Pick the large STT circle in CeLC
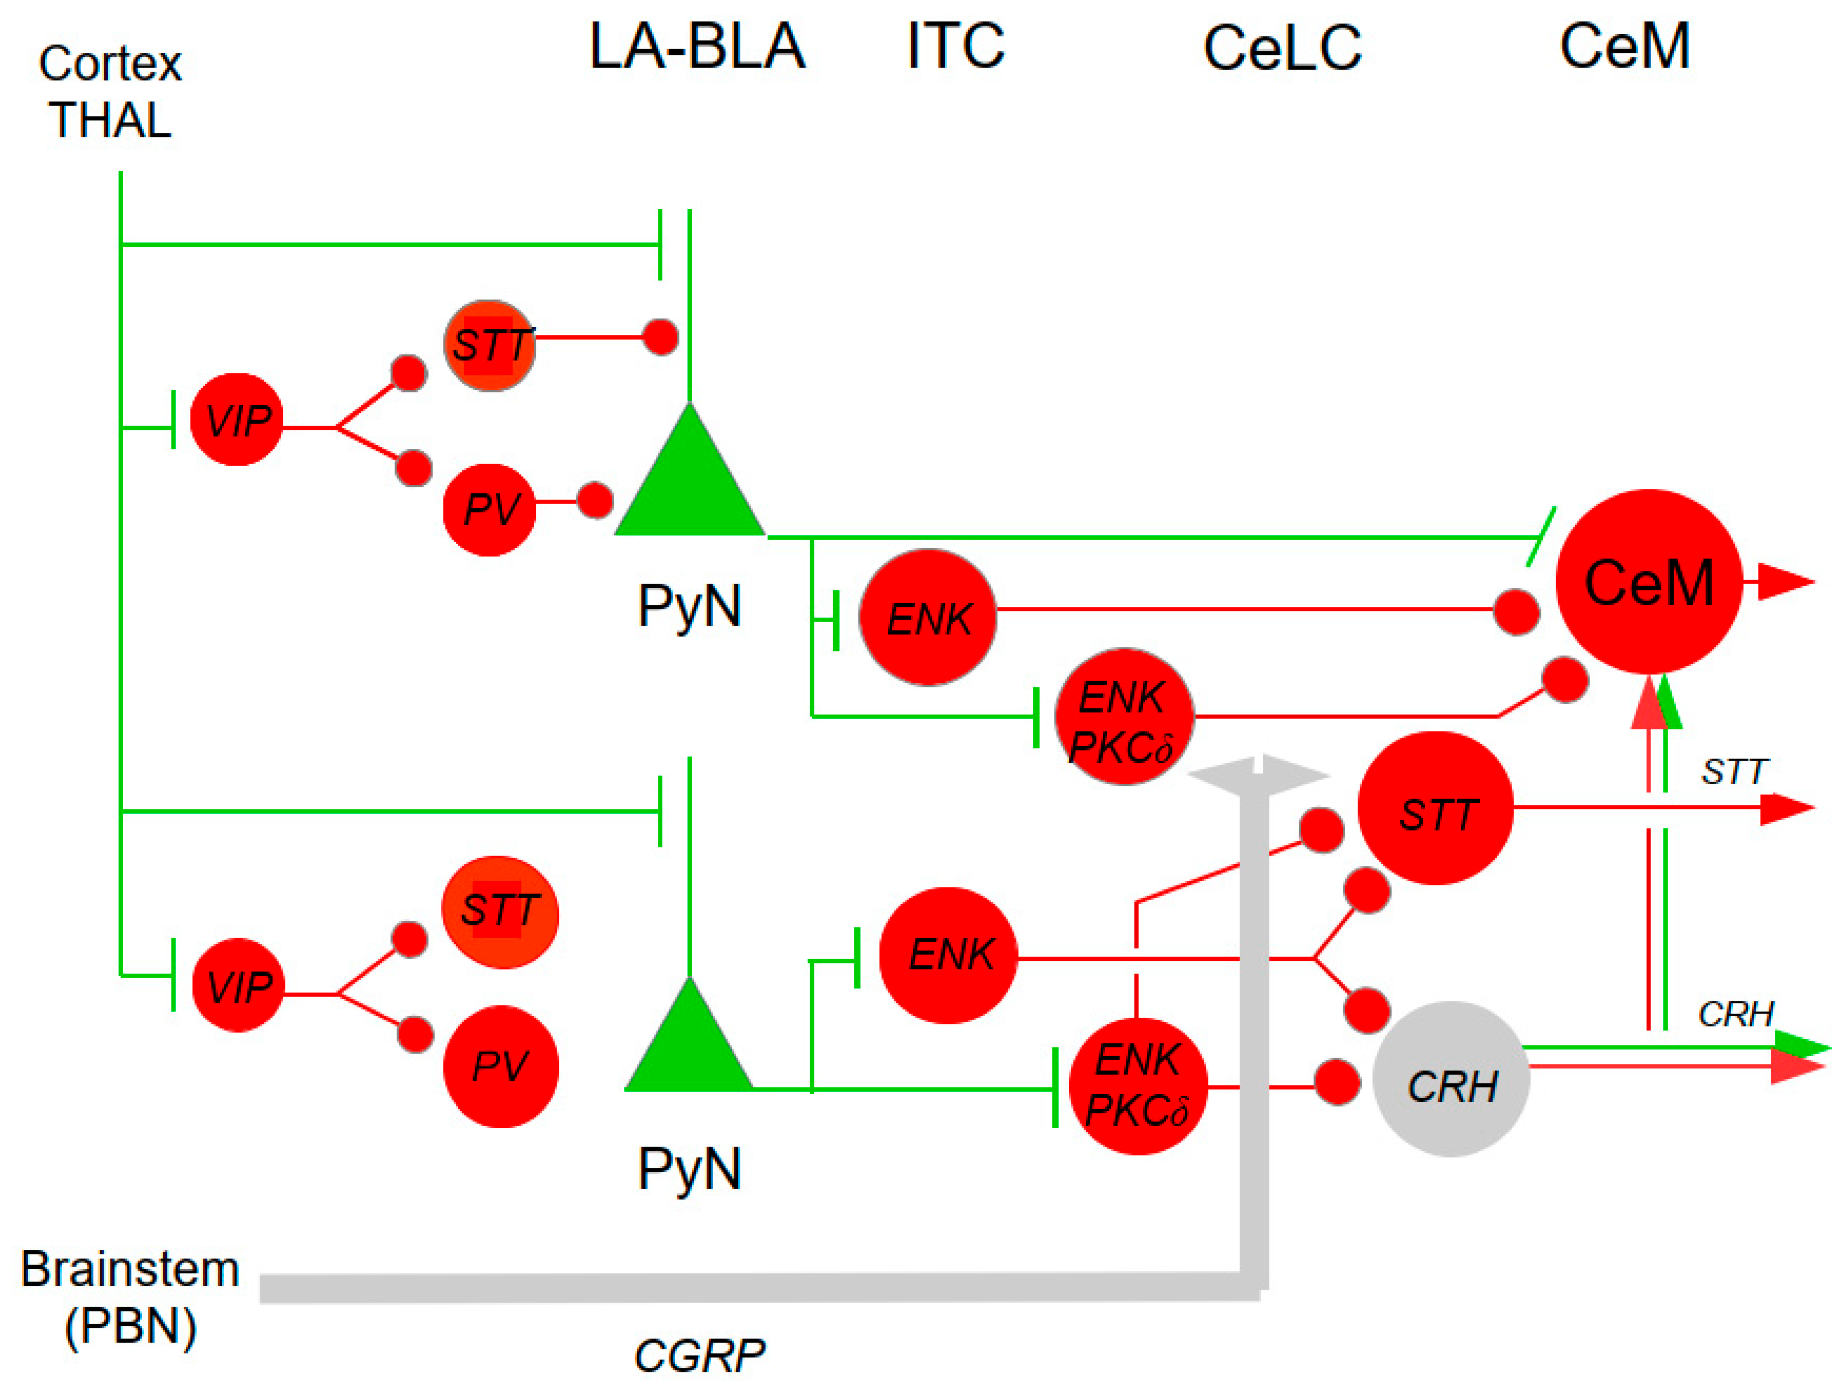pyautogui.click(x=1436, y=808)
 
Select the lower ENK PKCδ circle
pyautogui.click(x=1138, y=1085)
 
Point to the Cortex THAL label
pyautogui.click(x=110, y=92)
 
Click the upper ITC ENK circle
pyautogui.click(x=927, y=617)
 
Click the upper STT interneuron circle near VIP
pyautogui.click(x=489, y=345)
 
